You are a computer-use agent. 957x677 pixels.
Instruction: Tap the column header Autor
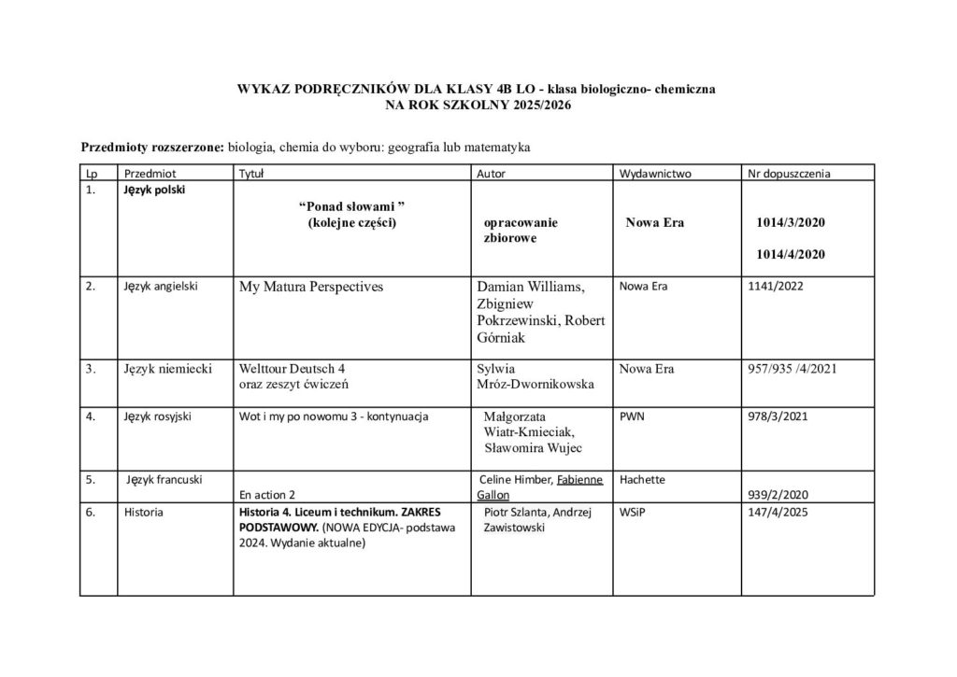click(492, 173)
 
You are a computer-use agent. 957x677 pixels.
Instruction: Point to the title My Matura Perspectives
click(311, 287)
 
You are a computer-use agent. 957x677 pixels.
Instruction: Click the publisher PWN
click(632, 416)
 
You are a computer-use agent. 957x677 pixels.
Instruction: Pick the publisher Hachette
click(642, 480)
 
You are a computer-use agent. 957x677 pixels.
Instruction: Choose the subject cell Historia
click(144, 513)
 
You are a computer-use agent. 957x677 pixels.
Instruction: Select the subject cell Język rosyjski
click(157, 416)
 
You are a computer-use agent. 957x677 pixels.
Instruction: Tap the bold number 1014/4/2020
click(791, 254)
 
